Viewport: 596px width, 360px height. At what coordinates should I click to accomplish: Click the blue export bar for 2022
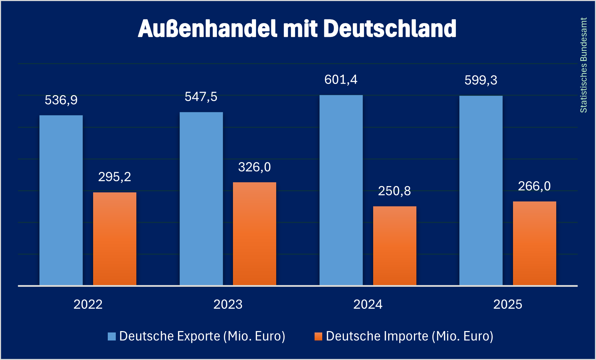[61, 200]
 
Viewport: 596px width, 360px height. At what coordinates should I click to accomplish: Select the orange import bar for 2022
[115, 239]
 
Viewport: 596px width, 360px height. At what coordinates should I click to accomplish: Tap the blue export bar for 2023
[201, 199]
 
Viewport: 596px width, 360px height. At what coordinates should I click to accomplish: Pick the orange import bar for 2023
[255, 233]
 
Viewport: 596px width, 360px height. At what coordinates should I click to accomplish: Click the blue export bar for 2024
[341, 190]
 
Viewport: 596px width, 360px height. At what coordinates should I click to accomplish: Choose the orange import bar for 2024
[395, 246]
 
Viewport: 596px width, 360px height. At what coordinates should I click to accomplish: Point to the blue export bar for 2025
[481, 190]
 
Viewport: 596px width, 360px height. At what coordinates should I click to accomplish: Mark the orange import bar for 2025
[535, 243]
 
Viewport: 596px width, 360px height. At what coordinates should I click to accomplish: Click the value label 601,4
[341, 80]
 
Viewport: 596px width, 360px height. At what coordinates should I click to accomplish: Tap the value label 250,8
[394, 191]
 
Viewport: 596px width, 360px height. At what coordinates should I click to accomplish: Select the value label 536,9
[61, 100]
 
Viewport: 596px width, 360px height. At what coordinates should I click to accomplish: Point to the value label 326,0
[255, 167]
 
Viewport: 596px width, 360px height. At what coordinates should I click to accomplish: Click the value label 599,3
[481, 81]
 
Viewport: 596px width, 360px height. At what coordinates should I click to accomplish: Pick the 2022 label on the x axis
[88, 305]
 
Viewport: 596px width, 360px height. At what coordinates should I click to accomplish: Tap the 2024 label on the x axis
[368, 305]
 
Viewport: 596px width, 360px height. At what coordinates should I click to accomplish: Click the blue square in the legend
[112, 336]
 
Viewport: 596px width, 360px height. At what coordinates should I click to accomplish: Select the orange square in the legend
[318, 336]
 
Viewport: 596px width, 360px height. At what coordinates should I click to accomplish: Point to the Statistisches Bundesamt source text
[583, 65]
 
